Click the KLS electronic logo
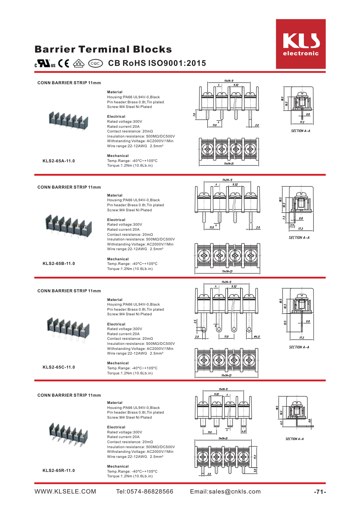click(301, 44)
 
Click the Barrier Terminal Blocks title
click(103, 49)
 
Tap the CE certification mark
click(64, 64)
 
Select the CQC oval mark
click(95, 64)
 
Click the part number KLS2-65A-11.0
click(59, 161)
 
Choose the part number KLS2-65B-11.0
click(59, 263)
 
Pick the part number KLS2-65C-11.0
click(59, 367)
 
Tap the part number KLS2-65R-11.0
click(59, 470)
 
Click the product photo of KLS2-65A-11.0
click(68, 120)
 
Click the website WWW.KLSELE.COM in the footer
click(65, 492)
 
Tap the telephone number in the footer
click(145, 492)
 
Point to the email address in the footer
click(225, 492)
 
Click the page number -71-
click(320, 492)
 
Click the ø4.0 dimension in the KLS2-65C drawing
click(257, 337)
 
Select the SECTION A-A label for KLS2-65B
click(299, 238)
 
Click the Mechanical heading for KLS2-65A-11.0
click(118, 156)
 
